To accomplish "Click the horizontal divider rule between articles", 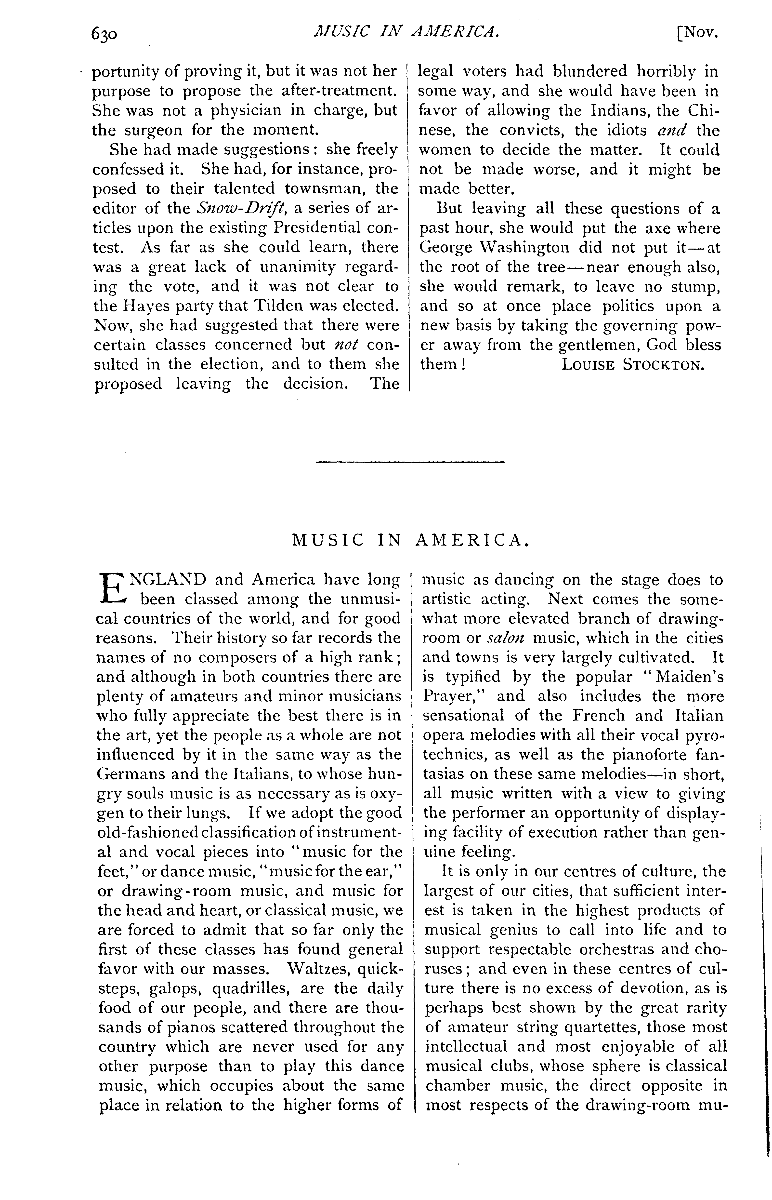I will coord(410,462).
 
